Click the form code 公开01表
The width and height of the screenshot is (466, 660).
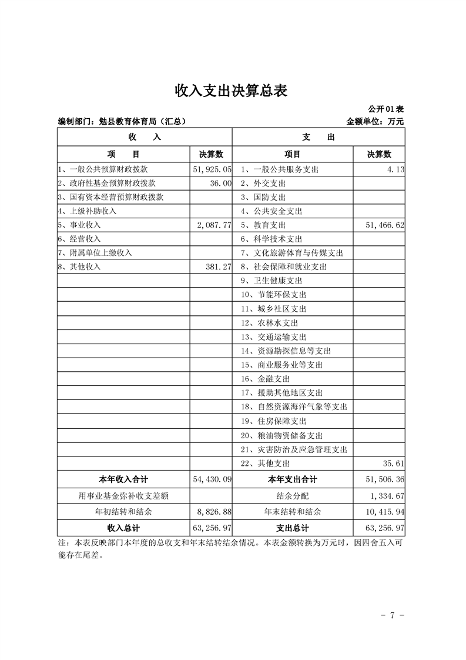pyautogui.click(x=386, y=109)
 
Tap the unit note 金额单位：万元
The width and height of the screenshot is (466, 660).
pyautogui.click(x=376, y=122)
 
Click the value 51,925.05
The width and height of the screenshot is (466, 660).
pyautogui.click(x=212, y=169)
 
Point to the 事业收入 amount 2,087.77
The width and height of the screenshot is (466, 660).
pyautogui.click(x=212, y=225)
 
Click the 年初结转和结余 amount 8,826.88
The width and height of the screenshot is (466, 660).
pyautogui.click(x=212, y=512)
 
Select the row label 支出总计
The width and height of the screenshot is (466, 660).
pyautogui.click(x=293, y=528)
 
